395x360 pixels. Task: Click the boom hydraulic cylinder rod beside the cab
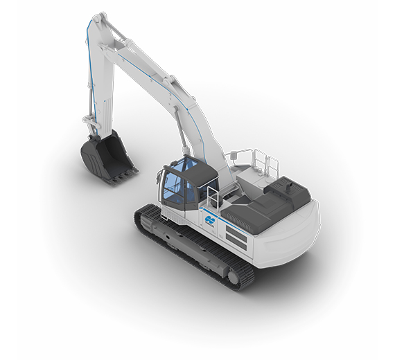click(182, 135)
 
